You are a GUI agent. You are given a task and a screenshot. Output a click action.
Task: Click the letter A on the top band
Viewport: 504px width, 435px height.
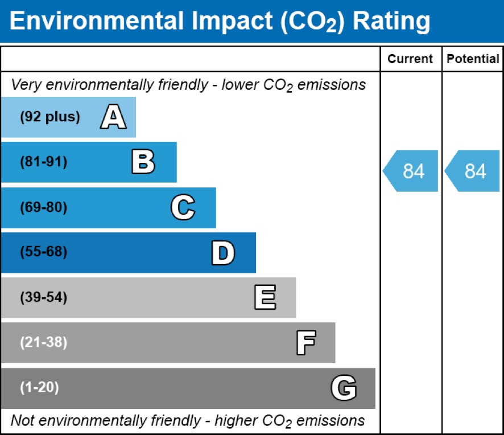[113, 117]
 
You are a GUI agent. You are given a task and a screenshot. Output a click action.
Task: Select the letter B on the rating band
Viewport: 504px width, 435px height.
[143, 162]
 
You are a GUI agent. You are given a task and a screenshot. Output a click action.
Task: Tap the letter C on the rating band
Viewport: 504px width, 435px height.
[183, 208]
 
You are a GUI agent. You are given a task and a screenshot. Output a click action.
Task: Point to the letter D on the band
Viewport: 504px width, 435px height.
[223, 253]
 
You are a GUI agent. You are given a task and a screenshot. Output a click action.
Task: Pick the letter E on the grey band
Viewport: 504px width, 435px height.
[265, 298]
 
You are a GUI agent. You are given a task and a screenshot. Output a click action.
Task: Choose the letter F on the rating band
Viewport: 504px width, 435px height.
[305, 343]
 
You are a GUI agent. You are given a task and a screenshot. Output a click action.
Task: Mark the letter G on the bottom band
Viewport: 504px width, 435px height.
[344, 388]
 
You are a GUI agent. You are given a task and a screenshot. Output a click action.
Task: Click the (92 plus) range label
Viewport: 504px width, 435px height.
[50, 117]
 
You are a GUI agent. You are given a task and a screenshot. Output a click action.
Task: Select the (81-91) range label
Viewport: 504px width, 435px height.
[44, 162]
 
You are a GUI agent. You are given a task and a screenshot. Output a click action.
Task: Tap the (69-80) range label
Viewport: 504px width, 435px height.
[44, 208]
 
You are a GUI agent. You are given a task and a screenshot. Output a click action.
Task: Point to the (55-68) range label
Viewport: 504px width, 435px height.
[44, 253]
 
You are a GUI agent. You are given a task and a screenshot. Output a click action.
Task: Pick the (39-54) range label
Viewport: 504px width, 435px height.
[44, 298]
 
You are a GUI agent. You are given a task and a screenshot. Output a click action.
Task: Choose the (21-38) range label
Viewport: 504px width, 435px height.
[44, 343]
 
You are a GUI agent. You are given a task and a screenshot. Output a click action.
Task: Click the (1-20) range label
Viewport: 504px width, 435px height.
[40, 388]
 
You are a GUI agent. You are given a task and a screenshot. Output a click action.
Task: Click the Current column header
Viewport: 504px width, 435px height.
[410, 59]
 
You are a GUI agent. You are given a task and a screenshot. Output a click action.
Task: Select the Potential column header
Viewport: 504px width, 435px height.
[473, 59]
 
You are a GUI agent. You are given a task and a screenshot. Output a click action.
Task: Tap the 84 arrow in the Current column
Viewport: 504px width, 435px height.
[411, 171]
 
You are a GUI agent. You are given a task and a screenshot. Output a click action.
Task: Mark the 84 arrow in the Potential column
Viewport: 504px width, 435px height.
[473, 171]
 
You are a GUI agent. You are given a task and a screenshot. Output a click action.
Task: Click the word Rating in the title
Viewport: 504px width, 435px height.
[391, 22]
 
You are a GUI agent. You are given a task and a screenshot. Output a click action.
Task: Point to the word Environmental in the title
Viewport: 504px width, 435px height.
[97, 22]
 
